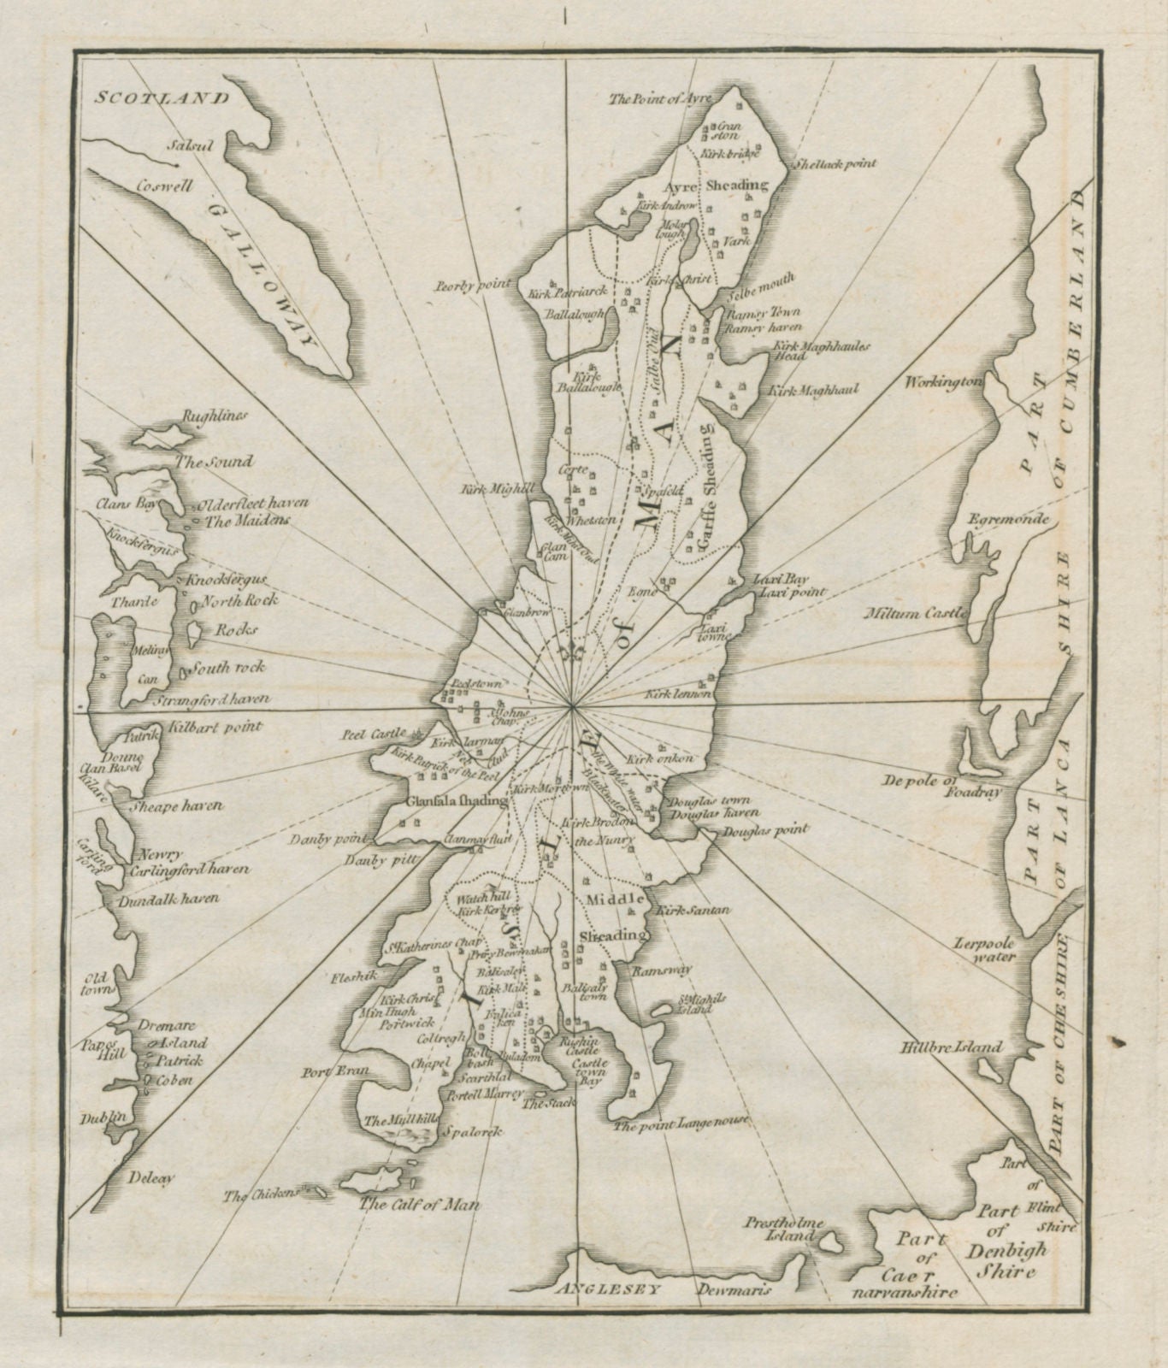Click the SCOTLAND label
click(x=162, y=97)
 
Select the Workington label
click(x=943, y=381)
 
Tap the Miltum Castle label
click(x=917, y=613)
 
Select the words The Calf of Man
click(x=419, y=1205)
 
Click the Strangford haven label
click(x=212, y=699)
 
